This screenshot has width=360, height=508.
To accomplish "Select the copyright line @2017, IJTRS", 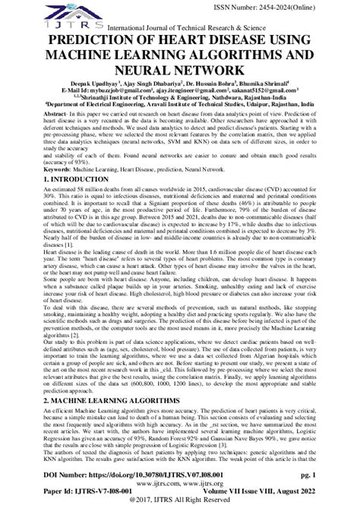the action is (x=180, y=501).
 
